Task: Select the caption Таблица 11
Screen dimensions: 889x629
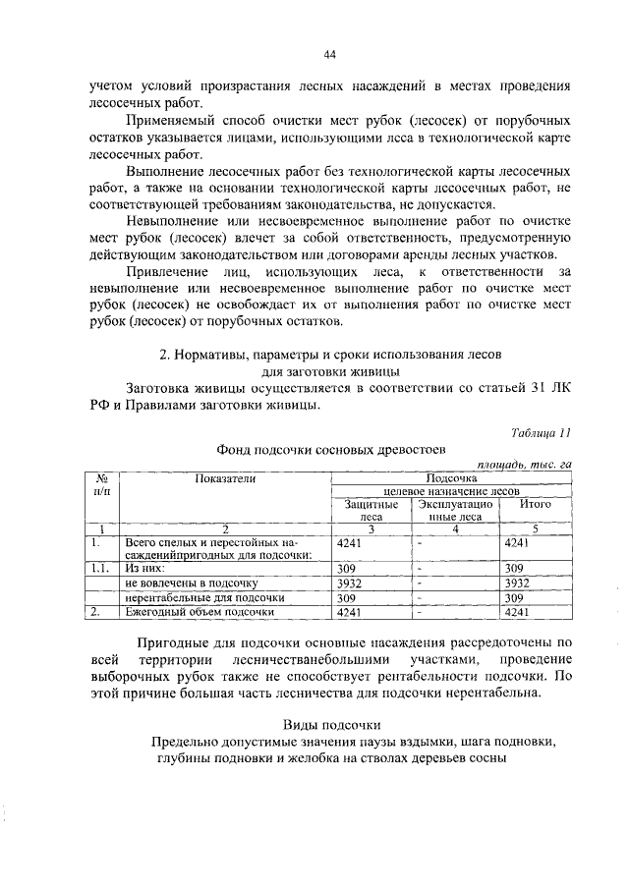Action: click(x=541, y=433)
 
